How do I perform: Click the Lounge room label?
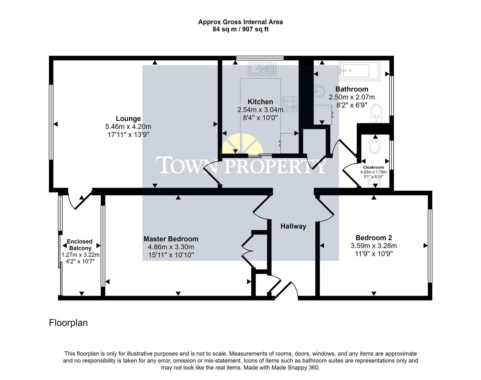tap(128, 119)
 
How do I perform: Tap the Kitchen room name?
tap(260, 102)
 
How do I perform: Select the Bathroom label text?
tap(352, 89)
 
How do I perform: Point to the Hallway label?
tap(293, 226)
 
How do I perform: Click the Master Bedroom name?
tap(171, 239)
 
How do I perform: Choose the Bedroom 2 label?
tap(374, 237)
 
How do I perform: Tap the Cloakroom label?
tap(373, 167)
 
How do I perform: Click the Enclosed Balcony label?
tap(80, 245)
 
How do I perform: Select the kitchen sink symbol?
tap(262, 69)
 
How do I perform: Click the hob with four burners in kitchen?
tap(290, 104)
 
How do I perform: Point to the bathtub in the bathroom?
tap(359, 71)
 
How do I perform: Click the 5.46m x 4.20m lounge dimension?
tap(128, 127)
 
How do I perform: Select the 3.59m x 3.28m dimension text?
tap(374, 246)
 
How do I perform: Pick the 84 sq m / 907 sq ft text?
tap(241, 29)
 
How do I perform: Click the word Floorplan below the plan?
tap(68, 323)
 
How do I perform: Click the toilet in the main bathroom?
tap(376, 113)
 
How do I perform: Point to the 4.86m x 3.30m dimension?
tap(171, 247)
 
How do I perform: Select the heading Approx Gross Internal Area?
tap(241, 22)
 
